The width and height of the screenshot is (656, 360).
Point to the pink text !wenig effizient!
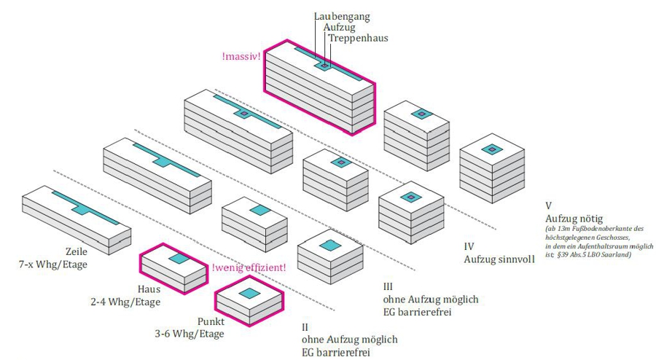coord(249,267)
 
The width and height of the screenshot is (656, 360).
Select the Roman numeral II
coord(305,327)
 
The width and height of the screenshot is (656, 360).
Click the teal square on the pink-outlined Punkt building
coord(249,293)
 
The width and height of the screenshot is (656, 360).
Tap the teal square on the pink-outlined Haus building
coord(179,258)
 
